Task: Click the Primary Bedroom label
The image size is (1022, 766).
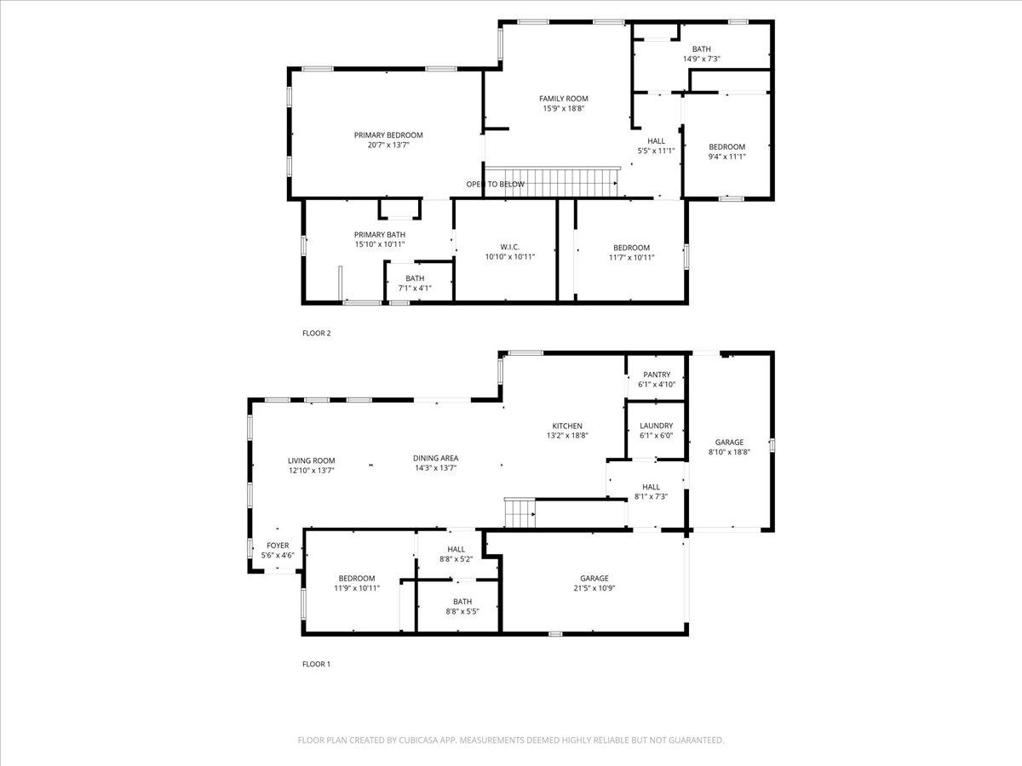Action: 388,135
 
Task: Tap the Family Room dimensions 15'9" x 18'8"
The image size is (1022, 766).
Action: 564,108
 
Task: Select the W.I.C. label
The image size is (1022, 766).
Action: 510,247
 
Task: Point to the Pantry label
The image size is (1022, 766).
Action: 657,374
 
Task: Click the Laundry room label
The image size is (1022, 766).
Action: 656,426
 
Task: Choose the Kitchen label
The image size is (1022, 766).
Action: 567,426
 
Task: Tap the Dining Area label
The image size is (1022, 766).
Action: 435,458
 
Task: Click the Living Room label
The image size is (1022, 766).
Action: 311,460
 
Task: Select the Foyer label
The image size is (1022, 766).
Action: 278,545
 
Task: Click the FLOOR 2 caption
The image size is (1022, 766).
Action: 317,333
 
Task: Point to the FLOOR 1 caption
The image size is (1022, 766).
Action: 317,664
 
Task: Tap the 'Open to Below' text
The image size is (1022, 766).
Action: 496,184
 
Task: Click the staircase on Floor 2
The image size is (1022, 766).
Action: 552,182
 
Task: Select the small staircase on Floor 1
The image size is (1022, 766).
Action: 520,513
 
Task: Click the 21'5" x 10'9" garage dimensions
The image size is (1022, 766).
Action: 594,588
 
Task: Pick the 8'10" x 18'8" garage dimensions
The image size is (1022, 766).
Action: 729,452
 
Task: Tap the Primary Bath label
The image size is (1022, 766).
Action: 380,234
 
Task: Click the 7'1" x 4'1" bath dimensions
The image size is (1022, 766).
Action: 415,288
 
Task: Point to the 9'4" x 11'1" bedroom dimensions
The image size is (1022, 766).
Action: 726,157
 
